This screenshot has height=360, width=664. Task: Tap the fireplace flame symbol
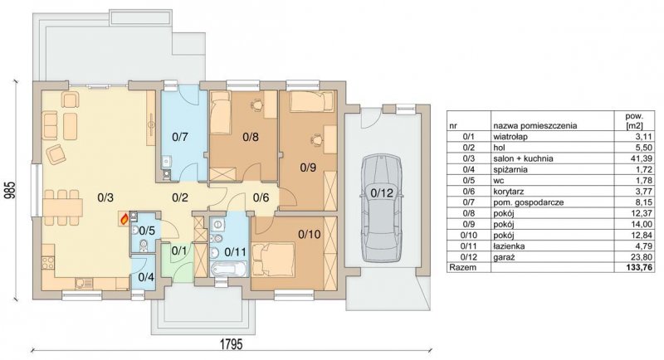click(x=124, y=219)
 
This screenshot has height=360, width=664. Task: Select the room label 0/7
click(x=179, y=137)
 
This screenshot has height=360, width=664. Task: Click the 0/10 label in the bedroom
click(x=310, y=234)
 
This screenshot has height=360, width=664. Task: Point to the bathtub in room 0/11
click(x=229, y=269)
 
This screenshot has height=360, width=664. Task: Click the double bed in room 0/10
click(x=273, y=258)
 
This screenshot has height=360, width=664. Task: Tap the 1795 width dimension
click(x=232, y=343)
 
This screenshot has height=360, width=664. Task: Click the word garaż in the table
click(x=504, y=257)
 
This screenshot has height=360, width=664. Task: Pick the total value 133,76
click(x=639, y=267)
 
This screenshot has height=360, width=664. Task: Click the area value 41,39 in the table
click(x=642, y=158)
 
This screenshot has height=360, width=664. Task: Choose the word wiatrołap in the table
click(x=510, y=137)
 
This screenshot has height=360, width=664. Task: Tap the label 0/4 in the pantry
click(x=147, y=278)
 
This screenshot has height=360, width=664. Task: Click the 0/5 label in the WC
click(x=148, y=231)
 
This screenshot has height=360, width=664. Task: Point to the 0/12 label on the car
click(x=382, y=193)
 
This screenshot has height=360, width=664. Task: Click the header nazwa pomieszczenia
click(x=535, y=125)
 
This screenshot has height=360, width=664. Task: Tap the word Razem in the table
click(x=463, y=267)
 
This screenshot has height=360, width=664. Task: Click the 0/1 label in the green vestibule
click(x=179, y=251)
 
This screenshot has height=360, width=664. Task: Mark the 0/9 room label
click(x=308, y=168)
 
